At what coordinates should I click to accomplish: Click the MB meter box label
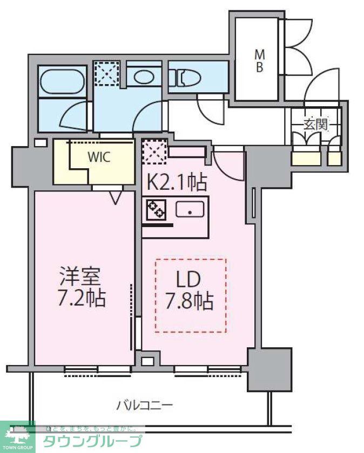pyautogui.click(x=260, y=60)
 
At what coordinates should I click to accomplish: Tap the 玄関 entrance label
pyautogui.click(x=315, y=125)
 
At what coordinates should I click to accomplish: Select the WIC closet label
pyautogui.click(x=99, y=157)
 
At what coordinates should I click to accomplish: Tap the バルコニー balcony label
pyautogui.click(x=145, y=404)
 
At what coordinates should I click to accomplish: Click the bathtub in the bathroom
pyautogui.click(x=63, y=83)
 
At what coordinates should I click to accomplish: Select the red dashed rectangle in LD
pyautogui.click(x=191, y=296)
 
